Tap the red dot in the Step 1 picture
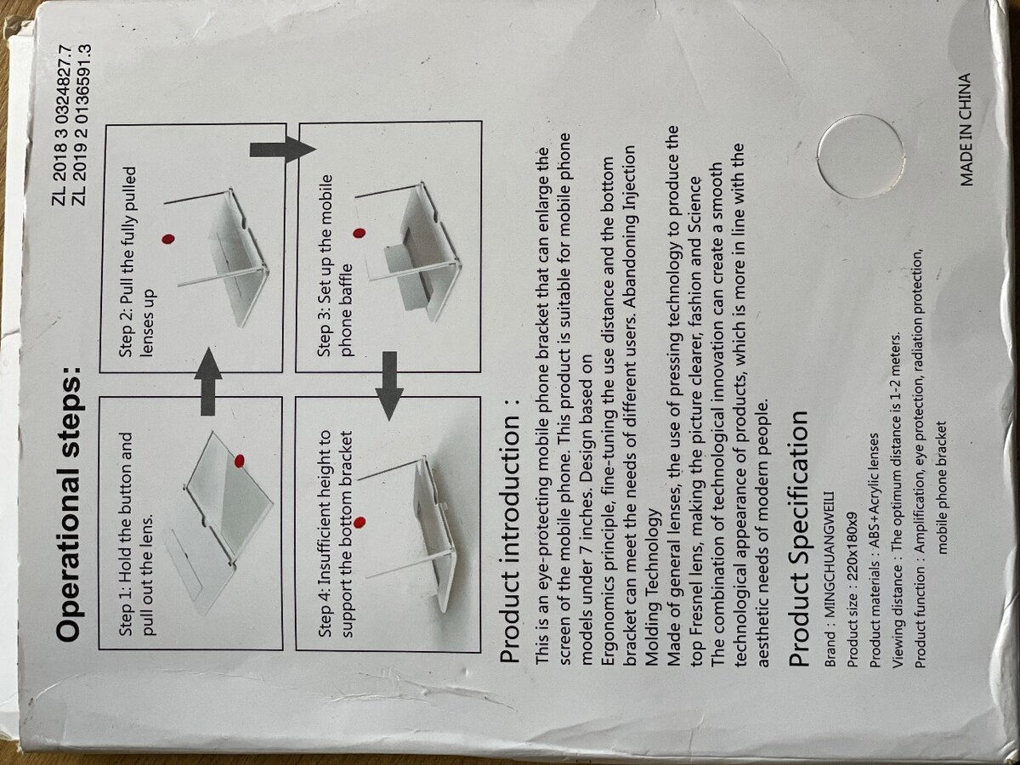[239, 461]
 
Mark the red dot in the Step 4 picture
[360, 520]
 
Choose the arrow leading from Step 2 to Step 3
[281, 150]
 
